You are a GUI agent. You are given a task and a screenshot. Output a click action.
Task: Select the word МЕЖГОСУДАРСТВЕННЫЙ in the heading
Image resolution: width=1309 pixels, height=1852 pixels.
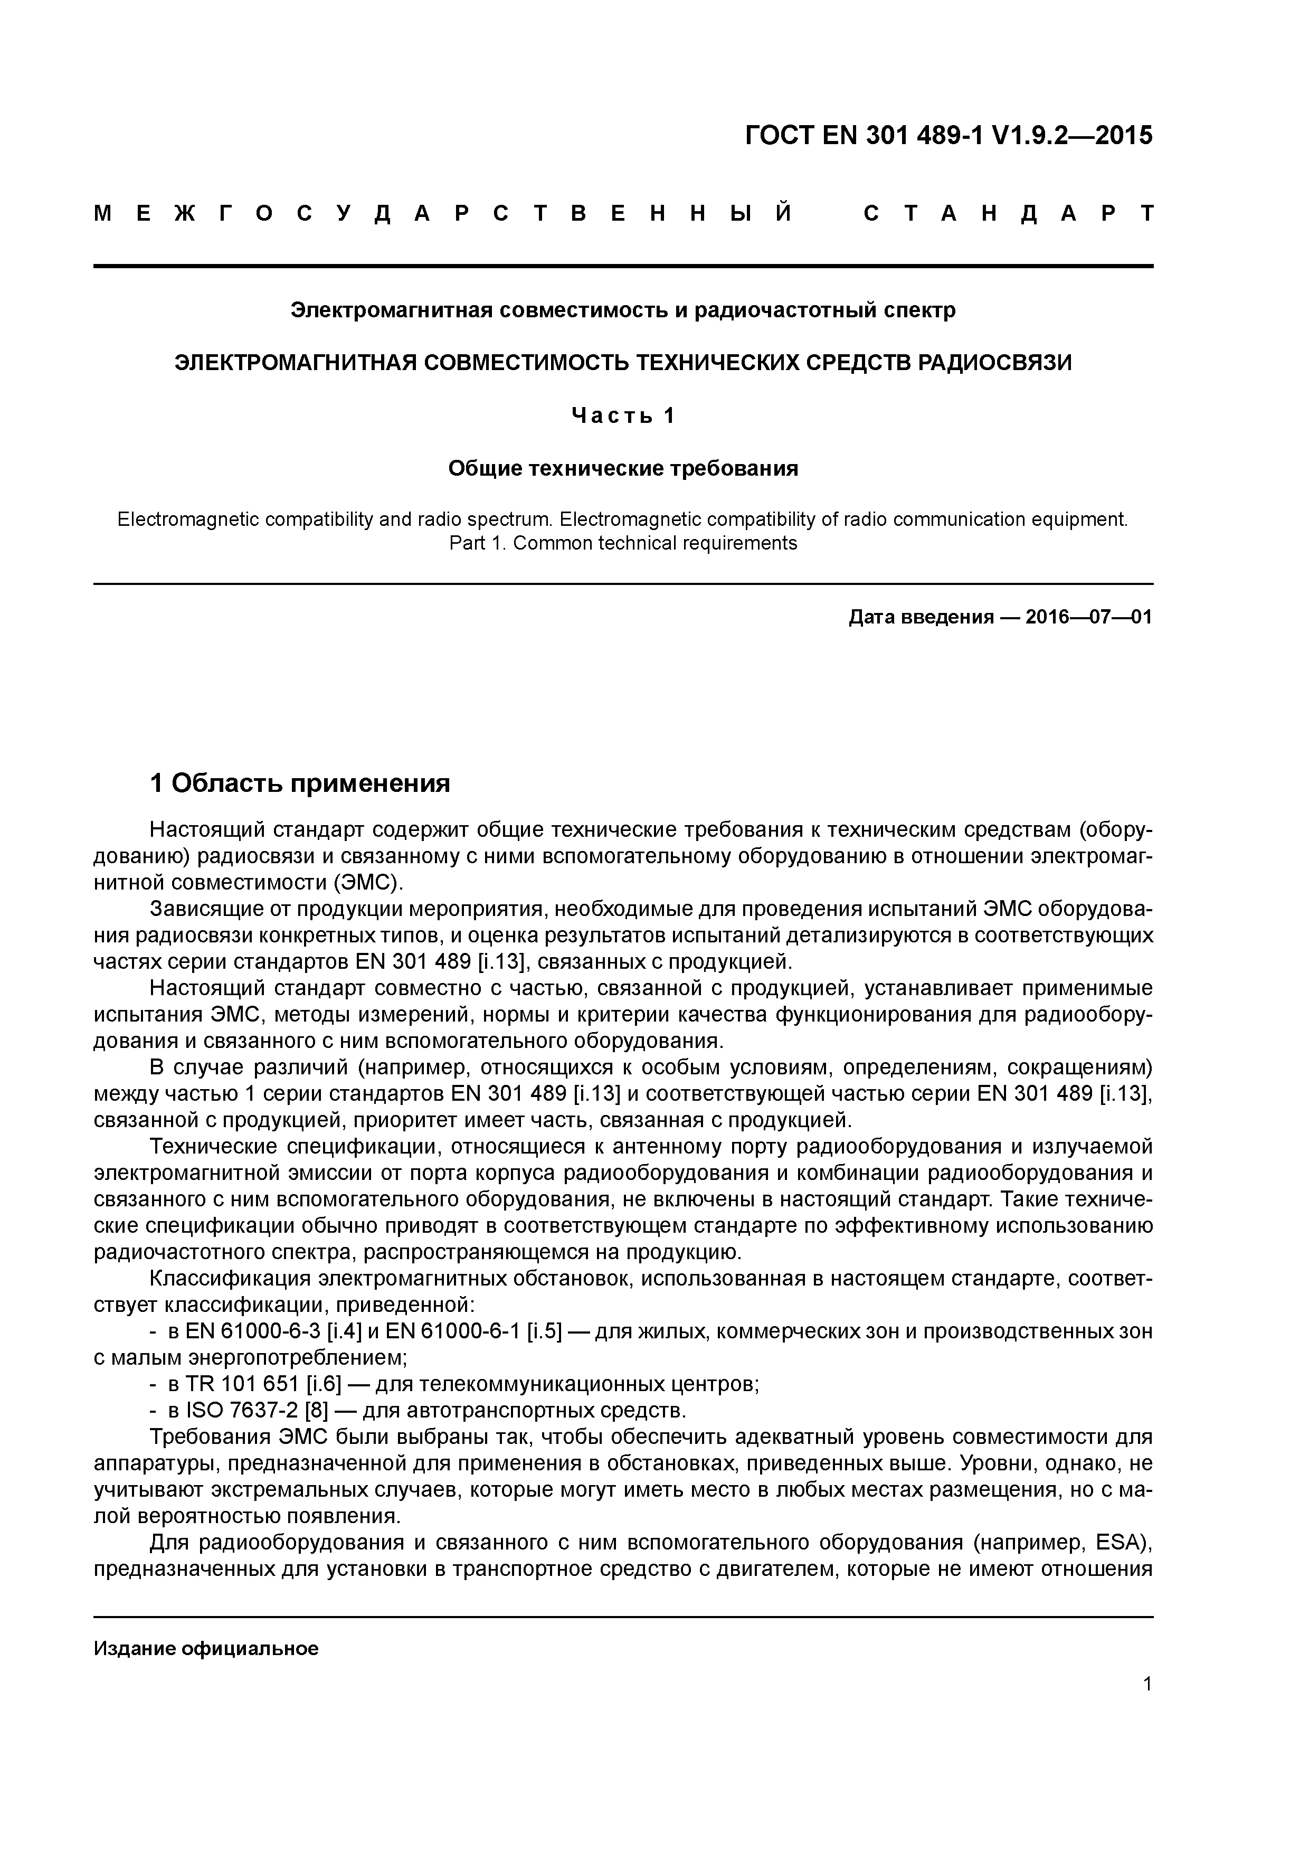click(x=443, y=214)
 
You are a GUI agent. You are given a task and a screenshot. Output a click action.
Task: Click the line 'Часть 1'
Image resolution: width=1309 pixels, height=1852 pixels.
click(x=623, y=415)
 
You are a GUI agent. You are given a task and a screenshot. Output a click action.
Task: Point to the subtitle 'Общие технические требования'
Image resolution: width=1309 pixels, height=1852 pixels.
click(x=623, y=469)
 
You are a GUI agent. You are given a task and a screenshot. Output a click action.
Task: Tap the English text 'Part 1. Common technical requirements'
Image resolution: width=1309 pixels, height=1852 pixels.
click(x=623, y=543)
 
